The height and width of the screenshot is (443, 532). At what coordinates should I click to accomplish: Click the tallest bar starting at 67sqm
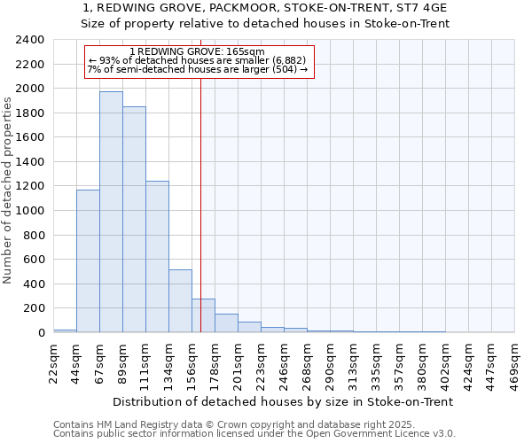point(111,213)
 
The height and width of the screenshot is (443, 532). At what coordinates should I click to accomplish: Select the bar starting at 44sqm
point(88,261)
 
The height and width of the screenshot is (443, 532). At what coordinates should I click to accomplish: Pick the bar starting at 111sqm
point(157,257)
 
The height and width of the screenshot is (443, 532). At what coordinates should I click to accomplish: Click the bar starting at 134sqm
point(180,301)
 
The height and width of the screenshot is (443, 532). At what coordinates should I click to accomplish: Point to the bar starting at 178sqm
point(226,323)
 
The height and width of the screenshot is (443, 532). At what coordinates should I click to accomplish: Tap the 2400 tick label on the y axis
point(30,40)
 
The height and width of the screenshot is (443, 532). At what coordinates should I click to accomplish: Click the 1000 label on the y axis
point(30,211)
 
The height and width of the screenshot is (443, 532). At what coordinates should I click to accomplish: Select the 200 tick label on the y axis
point(34,308)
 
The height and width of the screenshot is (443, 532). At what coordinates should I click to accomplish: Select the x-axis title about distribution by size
point(283,401)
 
